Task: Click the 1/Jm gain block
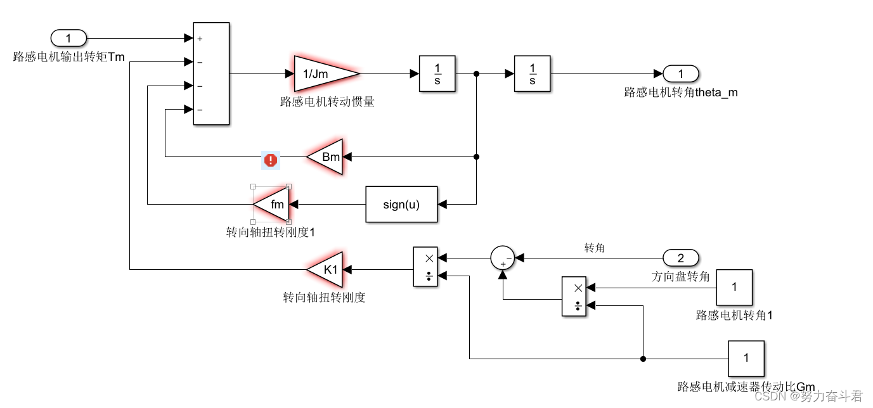point(323,74)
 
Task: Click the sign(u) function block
point(401,204)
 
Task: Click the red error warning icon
point(271,160)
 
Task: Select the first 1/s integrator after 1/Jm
point(437,74)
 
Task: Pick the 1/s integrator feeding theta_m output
point(533,74)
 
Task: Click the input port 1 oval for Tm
point(68,38)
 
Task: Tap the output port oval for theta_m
point(681,73)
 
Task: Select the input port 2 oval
point(681,258)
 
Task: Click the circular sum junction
point(503,258)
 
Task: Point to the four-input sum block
point(211,73)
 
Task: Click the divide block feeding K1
point(425,267)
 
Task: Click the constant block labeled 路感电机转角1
point(734,287)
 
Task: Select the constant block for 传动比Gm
point(746,359)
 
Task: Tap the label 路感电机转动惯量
point(327,101)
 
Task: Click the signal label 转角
point(594,248)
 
